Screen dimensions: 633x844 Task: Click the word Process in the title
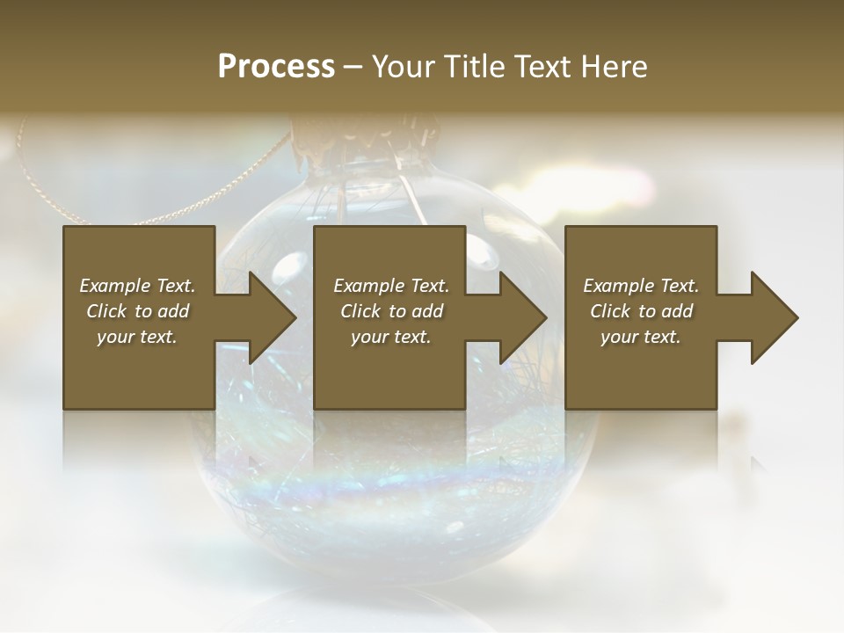276,67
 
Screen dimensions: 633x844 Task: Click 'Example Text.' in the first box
137,286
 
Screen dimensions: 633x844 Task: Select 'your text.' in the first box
137,337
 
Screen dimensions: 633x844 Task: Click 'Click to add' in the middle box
391,311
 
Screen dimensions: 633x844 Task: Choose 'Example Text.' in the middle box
391,286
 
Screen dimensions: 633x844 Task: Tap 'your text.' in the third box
640,337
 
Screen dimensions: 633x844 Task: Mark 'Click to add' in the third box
641,311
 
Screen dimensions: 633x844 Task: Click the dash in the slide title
353,68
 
